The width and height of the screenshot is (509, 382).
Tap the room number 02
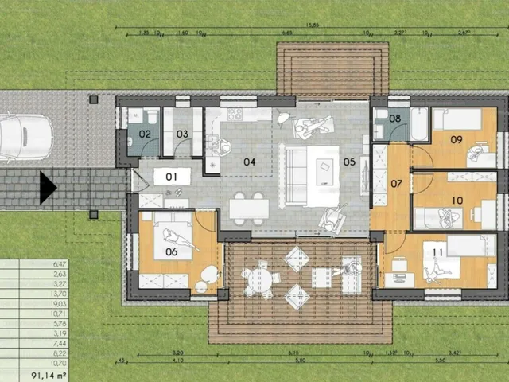point(145,134)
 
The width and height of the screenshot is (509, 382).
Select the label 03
point(182,134)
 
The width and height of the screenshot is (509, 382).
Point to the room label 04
point(249,162)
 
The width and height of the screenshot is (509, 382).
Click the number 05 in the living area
point(350,162)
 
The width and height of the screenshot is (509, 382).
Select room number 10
point(457,200)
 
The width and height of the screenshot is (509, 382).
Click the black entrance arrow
point(49,189)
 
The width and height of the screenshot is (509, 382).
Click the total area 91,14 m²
point(48,372)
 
